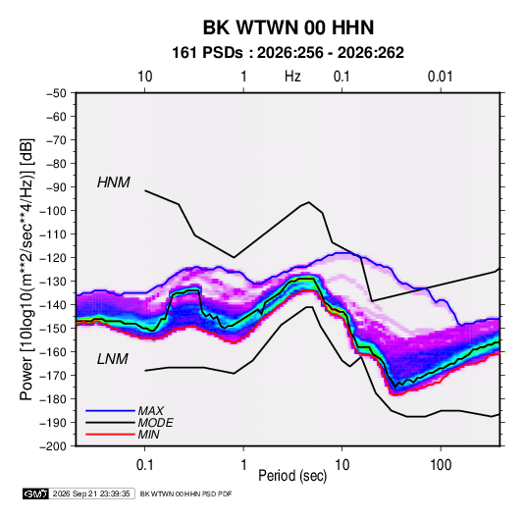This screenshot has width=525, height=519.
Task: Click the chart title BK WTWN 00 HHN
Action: tap(289, 27)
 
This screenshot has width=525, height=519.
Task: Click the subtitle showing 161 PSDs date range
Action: tap(288, 53)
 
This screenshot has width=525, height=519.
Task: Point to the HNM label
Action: tap(114, 182)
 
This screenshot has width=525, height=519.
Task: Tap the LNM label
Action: tap(113, 359)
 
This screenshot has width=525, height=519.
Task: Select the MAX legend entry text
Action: tap(151, 411)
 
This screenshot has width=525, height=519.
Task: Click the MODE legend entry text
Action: tap(155, 423)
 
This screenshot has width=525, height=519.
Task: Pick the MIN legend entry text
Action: tap(148, 435)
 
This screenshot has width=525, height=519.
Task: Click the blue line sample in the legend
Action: tap(110, 411)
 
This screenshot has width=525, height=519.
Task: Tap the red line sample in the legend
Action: tap(110, 435)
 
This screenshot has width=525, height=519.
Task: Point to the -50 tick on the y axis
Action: tap(56, 93)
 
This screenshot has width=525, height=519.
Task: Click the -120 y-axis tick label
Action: tap(53, 258)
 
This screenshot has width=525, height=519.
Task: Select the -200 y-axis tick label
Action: tap(53, 446)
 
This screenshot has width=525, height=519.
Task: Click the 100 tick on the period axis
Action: tap(441, 465)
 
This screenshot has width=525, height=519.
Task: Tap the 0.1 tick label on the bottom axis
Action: tap(144, 465)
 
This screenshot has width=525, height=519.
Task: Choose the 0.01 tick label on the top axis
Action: tap(440, 77)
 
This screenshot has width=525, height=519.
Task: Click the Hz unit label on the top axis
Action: tap(292, 77)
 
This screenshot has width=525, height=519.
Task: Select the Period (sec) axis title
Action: tap(292, 476)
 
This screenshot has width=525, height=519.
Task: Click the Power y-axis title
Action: tap(26, 270)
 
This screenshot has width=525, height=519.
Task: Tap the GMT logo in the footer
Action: tap(36, 493)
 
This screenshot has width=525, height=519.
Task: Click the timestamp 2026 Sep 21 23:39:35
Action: tap(91, 493)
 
